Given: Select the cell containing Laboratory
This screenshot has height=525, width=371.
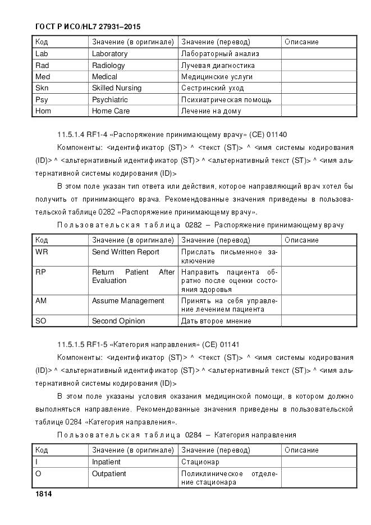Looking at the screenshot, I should pyautogui.click(x=109, y=54).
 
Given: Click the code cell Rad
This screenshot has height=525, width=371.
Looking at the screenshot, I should pyautogui.click(x=43, y=65).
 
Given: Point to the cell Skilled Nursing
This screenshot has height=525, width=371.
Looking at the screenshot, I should pyautogui.click(x=117, y=88).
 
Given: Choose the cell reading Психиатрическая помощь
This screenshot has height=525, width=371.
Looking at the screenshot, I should pyautogui.click(x=226, y=99).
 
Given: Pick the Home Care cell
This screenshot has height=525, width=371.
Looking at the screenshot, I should pyautogui.click(x=111, y=111).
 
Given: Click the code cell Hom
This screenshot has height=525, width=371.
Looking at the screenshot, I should pyautogui.click(x=43, y=111).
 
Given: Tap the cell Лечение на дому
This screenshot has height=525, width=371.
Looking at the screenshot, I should pyautogui.click(x=211, y=111).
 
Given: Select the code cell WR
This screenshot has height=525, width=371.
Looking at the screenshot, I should pyautogui.click(x=42, y=252).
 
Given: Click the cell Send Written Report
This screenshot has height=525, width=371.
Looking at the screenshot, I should pyautogui.click(x=126, y=252).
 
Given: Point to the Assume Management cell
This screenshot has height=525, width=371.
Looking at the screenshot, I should pyautogui.click(x=128, y=301).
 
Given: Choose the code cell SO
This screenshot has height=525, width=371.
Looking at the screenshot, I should pyautogui.click(x=40, y=321).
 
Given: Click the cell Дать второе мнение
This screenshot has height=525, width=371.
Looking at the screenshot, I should pyautogui.click(x=216, y=321).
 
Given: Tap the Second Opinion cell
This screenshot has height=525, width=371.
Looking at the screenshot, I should pyautogui.click(x=118, y=321).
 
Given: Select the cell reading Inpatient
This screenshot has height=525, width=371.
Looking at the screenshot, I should pyautogui.click(x=106, y=462).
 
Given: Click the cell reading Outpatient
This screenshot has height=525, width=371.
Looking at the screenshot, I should pyautogui.click(x=109, y=474).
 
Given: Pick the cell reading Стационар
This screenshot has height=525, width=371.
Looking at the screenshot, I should pyautogui.click(x=200, y=462).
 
